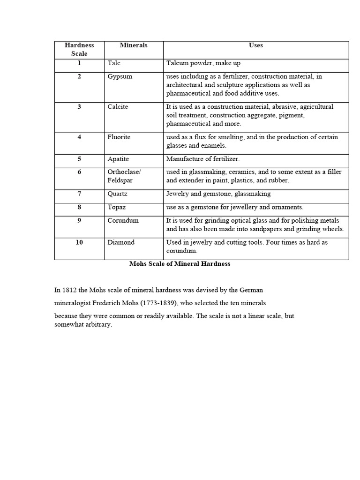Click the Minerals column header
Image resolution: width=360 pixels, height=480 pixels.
click(x=134, y=45)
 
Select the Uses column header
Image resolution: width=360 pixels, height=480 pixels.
click(x=256, y=45)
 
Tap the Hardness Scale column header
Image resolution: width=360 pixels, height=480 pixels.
click(x=79, y=50)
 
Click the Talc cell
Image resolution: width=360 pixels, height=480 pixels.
click(x=114, y=63)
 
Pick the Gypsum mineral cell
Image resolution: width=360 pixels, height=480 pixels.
click(x=120, y=76)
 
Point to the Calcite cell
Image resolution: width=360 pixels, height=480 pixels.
click(x=118, y=107)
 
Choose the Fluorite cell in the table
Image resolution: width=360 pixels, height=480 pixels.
click(x=119, y=137)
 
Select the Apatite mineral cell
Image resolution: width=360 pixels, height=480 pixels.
click(x=119, y=159)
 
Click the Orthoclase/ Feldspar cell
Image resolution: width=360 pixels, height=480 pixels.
click(x=124, y=176)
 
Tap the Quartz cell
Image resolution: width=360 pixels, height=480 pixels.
click(x=118, y=194)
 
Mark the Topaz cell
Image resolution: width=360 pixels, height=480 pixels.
click(x=117, y=207)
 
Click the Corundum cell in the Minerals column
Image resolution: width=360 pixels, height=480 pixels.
click(x=123, y=220)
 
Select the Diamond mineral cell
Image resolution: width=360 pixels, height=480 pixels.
click(x=121, y=242)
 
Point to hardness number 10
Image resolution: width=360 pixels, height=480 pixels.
click(x=79, y=242)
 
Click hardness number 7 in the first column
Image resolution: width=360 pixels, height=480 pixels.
click(x=79, y=194)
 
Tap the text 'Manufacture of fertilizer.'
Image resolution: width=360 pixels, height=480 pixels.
click(x=203, y=159)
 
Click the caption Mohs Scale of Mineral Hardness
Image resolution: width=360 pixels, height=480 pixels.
click(x=180, y=264)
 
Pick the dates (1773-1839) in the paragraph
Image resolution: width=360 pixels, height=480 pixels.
click(x=164, y=303)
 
